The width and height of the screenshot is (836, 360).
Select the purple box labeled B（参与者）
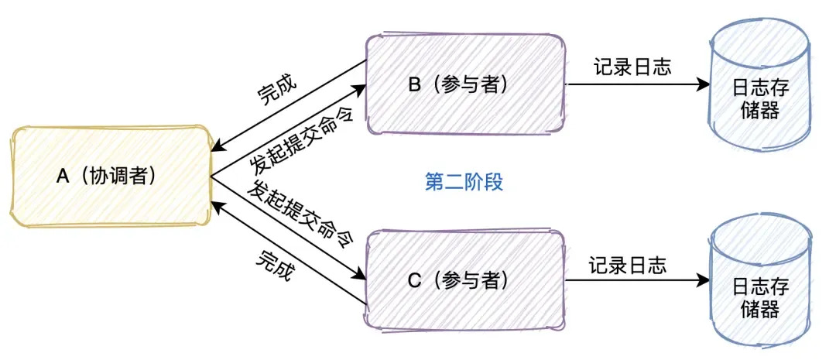click(x=464, y=84)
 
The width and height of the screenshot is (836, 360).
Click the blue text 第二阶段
click(x=464, y=183)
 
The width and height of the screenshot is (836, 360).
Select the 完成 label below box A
click(x=275, y=264)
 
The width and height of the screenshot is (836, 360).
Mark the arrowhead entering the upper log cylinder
click(x=704, y=83)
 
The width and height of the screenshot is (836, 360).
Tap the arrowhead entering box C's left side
click(x=361, y=276)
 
